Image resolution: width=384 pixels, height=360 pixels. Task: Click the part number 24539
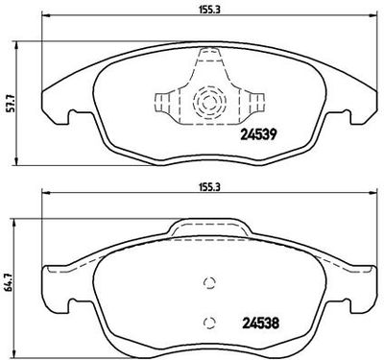point(258,134)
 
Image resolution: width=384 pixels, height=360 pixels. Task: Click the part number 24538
point(260,324)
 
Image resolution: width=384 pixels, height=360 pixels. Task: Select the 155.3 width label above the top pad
point(209,10)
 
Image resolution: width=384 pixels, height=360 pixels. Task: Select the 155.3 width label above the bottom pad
point(209,187)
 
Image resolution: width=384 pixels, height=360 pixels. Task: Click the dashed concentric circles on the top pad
point(209,102)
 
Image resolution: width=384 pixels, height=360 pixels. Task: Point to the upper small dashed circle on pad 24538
point(209,282)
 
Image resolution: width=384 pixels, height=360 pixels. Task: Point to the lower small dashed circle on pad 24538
point(209,323)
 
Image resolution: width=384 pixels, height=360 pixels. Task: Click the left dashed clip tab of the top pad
point(163,103)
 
